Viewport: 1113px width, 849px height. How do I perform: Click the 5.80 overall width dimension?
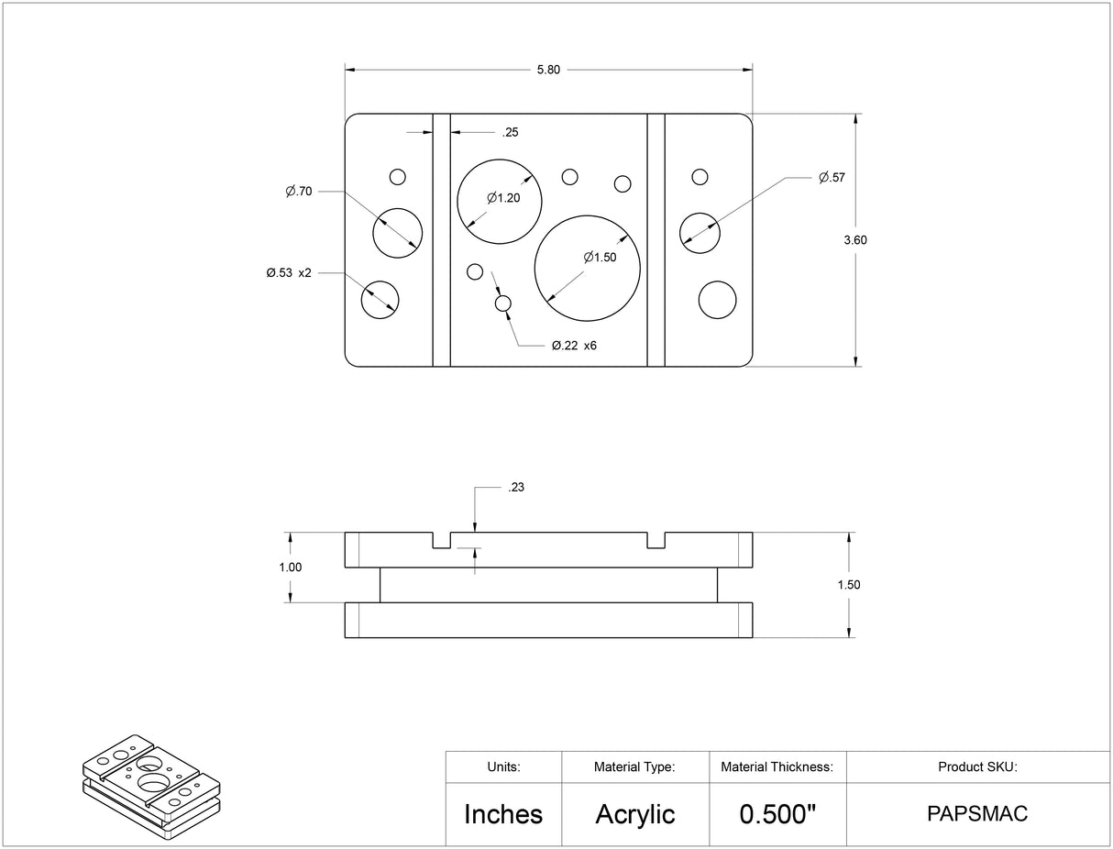pos(548,70)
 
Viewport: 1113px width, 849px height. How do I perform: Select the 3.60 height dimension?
pos(854,240)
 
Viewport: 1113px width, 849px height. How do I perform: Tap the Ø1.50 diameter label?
pos(600,258)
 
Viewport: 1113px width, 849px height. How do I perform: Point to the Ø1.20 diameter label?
pos(503,197)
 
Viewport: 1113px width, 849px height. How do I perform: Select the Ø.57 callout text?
pos(832,178)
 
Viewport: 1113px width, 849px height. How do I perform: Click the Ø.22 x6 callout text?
pos(574,346)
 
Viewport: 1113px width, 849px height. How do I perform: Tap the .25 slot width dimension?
pos(511,133)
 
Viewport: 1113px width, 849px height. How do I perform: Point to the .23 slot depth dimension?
pos(516,488)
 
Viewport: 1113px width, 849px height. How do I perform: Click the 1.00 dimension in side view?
pos(290,568)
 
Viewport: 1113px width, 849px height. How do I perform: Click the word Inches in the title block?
pos(503,814)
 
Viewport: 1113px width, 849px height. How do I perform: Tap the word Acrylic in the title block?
pos(635,814)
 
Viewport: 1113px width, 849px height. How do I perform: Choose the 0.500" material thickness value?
pos(777,814)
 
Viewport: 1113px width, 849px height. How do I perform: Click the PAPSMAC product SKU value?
pos(977,814)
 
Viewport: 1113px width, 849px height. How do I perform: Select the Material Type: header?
pos(634,766)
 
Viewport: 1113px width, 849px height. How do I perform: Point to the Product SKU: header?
pos(977,766)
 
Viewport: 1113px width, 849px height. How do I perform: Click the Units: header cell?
pos(503,766)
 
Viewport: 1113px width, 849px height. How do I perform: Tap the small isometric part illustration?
pos(151,787)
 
